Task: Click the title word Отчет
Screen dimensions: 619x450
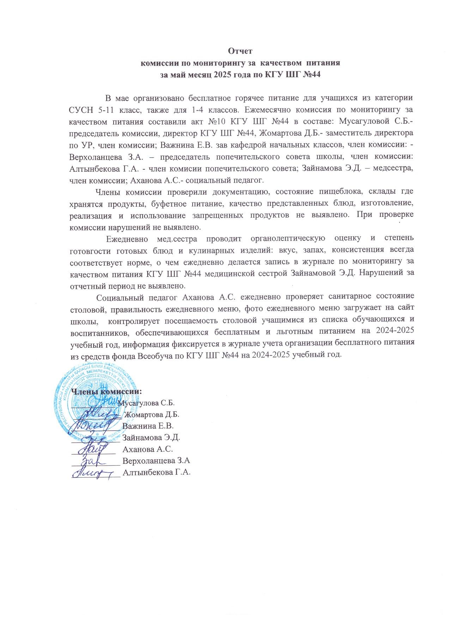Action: [240, 51]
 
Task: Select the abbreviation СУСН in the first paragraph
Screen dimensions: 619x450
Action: [80, 109]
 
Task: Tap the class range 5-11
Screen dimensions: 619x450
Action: [104, 109]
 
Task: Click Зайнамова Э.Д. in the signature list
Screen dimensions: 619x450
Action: [151, 438]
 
